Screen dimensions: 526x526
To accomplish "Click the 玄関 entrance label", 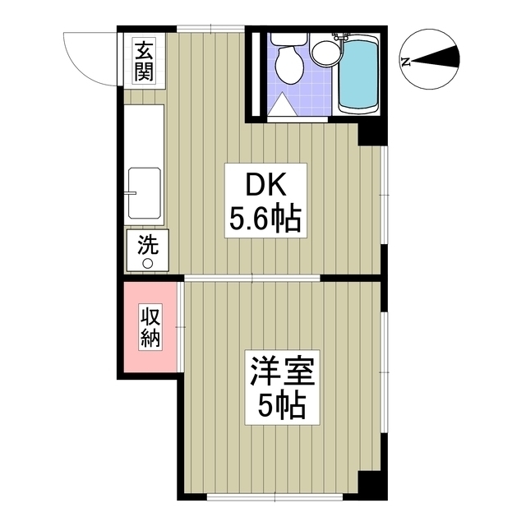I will [x=144, y=61].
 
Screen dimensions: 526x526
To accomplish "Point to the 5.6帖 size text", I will [x=265, y=219].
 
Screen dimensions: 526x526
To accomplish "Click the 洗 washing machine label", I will [x=146, y=243].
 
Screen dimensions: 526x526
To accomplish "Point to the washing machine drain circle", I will [x=149, y=263].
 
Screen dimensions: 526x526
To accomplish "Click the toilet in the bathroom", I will [x=286, y=62].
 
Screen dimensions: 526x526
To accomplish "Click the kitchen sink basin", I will [x=145, y=192].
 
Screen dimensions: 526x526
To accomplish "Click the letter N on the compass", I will [x=404, y=60].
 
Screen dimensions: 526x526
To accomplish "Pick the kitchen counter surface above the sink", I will [x=145, y=131].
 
